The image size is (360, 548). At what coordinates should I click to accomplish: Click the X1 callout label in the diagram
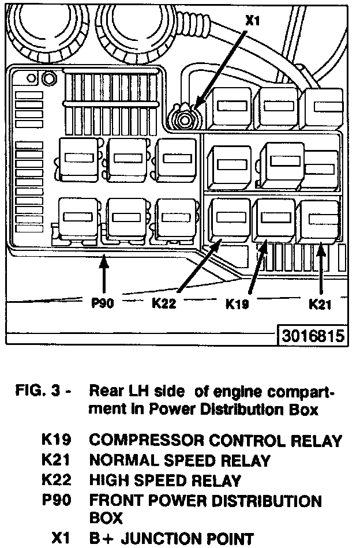click(x=253, y=20)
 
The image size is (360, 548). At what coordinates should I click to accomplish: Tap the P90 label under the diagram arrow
click(x=103, y=303)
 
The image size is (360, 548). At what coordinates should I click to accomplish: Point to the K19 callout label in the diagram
click(x=237, y=303)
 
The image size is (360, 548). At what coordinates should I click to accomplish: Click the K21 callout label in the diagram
click(x=320, y=303)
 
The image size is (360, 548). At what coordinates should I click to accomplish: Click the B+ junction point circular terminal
click(x=185, y=120)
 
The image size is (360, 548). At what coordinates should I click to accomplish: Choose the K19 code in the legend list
click(x=56, y=441)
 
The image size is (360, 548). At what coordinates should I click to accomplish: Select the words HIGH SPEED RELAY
click(x=164, y=480)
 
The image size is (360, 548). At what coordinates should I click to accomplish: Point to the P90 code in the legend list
click(x=56, y=500)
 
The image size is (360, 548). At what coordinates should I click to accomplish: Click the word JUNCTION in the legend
click(x=163, y=539)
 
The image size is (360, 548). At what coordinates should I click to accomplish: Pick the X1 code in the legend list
click(x=61, y=539)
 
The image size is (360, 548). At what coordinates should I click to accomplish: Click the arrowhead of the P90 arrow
click(x=103, y=261)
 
